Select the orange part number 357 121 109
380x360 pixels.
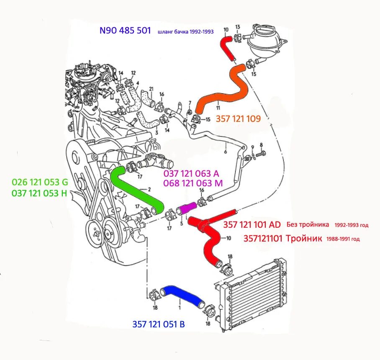(238, 119)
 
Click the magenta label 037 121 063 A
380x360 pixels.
(191, 173)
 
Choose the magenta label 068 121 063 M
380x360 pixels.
(193, 183)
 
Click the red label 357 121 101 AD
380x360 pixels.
(252, 225)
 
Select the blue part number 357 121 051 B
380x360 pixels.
(159, 324)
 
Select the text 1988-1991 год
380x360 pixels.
(343, 239)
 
